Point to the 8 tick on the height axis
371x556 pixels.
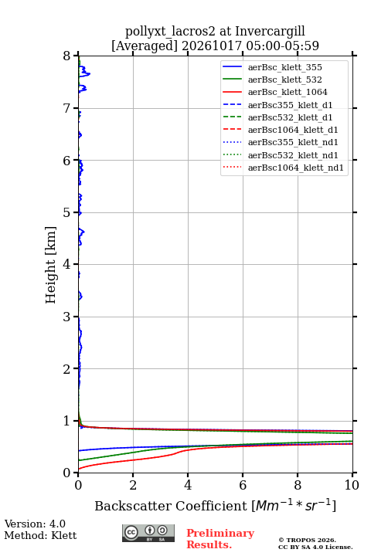(x=76, y=56)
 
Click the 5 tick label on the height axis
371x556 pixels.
(x=66, y=212)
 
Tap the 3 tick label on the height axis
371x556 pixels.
(x=66, y=317)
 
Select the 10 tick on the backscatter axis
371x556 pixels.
(x=352, y=475)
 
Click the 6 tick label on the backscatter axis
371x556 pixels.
(x=243, y=485)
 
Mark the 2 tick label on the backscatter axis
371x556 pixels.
(x=133, y=485)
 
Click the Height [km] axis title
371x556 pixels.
(x=50, y=265)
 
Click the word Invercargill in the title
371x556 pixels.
(x=271, y=31)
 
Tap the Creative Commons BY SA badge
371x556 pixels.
(x=148, y=533)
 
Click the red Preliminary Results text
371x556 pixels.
(x=220, y=539)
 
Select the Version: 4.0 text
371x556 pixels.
(x=35, y=524)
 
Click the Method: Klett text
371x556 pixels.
(x=40, y=535)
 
